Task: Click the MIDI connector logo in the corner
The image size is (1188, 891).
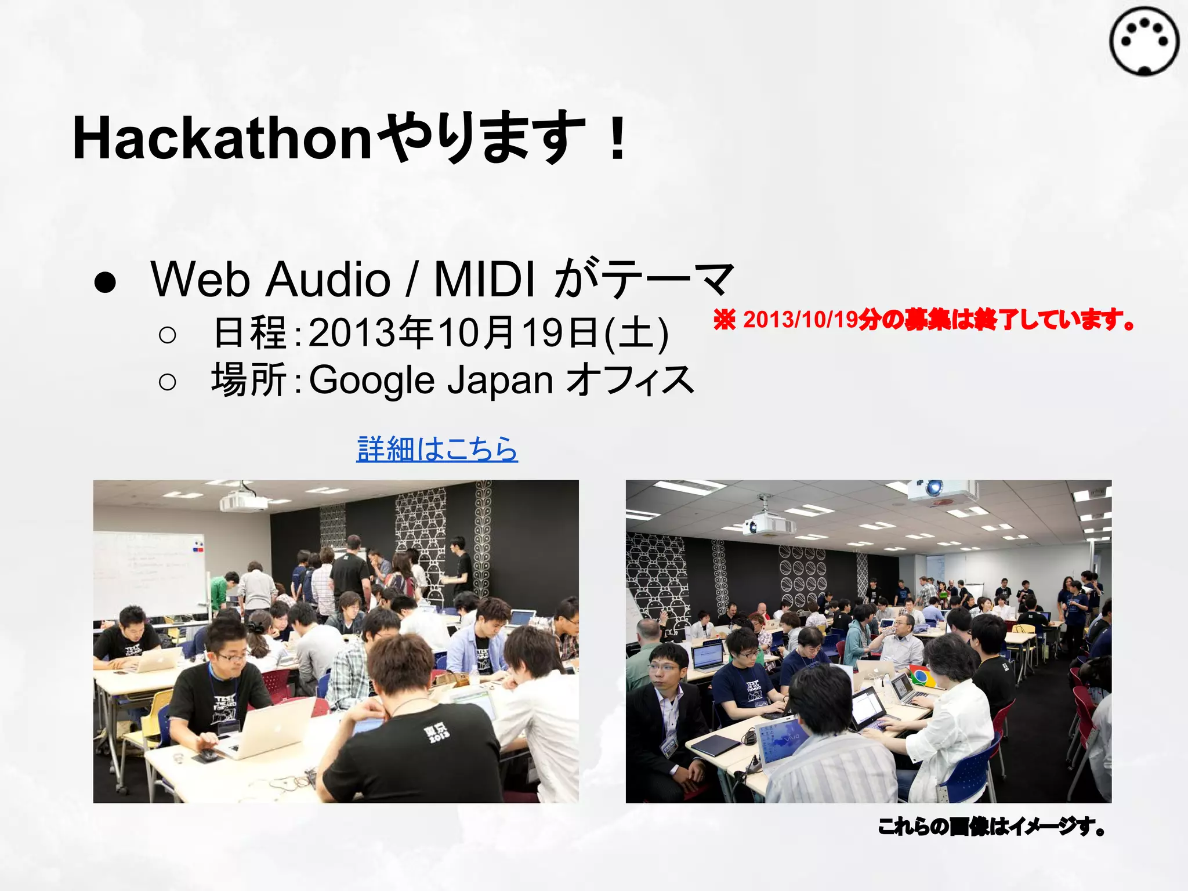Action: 1144,41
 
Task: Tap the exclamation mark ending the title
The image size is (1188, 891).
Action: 618,139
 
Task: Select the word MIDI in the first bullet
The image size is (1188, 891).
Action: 484,279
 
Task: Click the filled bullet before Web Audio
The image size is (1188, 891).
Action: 105,282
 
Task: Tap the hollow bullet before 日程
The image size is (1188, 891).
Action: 167,335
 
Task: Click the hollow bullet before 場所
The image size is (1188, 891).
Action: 167,382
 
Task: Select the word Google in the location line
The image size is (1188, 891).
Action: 372,381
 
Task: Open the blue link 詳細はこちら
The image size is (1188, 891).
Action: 437,450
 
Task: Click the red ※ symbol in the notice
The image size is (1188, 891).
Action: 725,320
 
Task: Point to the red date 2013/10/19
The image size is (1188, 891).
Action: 801,320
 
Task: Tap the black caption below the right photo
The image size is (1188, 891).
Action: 991,826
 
